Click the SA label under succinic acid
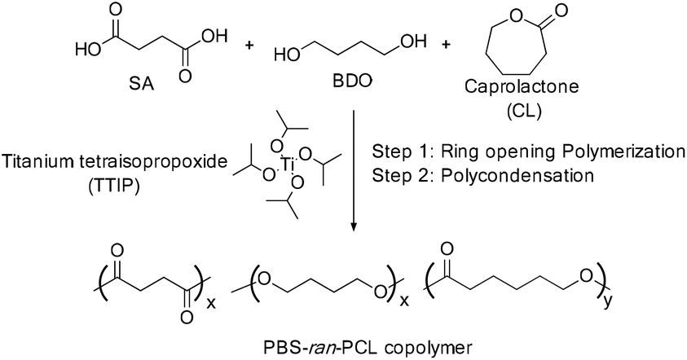(143, 83)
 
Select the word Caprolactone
(522, 86)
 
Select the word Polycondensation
(517, 175)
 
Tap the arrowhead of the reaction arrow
(354, 226)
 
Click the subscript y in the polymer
(607, 301)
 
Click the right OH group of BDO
(413, 42)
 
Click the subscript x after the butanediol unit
(404, 301)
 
